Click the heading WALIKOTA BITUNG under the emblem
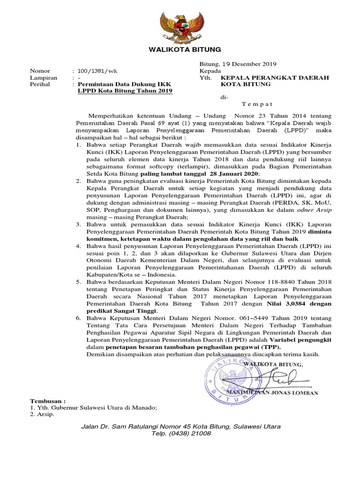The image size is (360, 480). point(180,50)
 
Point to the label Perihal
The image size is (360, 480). point(40,84)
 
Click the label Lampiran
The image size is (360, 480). point(44,78)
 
